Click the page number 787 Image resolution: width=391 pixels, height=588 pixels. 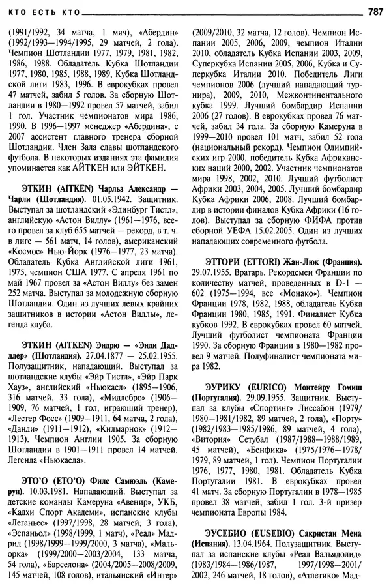pos(375,10)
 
